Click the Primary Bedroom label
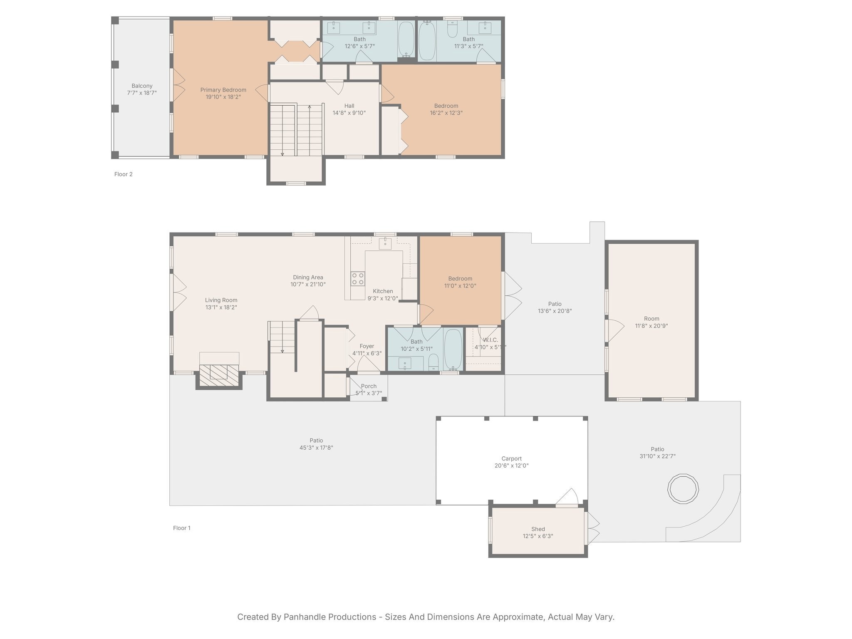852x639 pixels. [x=223, y=90]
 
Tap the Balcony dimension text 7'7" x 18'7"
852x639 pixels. [x=142, y=93]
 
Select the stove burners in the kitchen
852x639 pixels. [x=358, y=278]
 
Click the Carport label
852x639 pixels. [x=511, y=458]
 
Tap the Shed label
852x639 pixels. [x=538, y=529]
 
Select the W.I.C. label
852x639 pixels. [x=490, y=340]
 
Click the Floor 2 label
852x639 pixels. [x=124, y=174]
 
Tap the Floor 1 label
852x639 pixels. [x=182, y=528]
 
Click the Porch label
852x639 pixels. [x=369, y=386]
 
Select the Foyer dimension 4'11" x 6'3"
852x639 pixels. [x=367, y=354]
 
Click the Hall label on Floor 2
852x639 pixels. [x=349, y=106]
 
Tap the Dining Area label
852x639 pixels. [x=308, y=277]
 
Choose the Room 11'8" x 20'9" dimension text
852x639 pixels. [x=651, y=326]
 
